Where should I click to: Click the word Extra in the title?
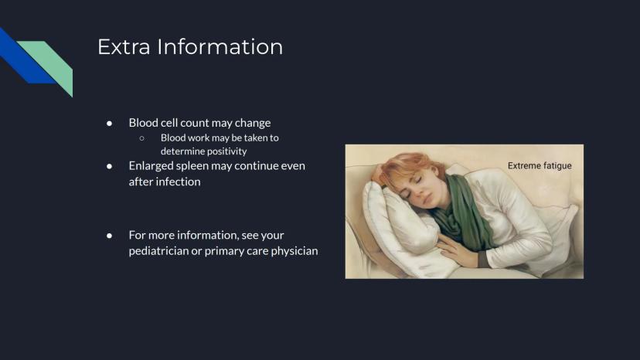tap(124, 46)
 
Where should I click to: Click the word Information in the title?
tap(220, 46)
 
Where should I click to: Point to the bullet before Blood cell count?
tap(110, 123)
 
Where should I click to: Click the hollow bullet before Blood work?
tap(141, 138)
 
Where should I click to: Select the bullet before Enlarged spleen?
tap(110, 166)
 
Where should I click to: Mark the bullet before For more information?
tap(110, 236)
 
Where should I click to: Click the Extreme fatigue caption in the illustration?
tap(540, 166)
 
